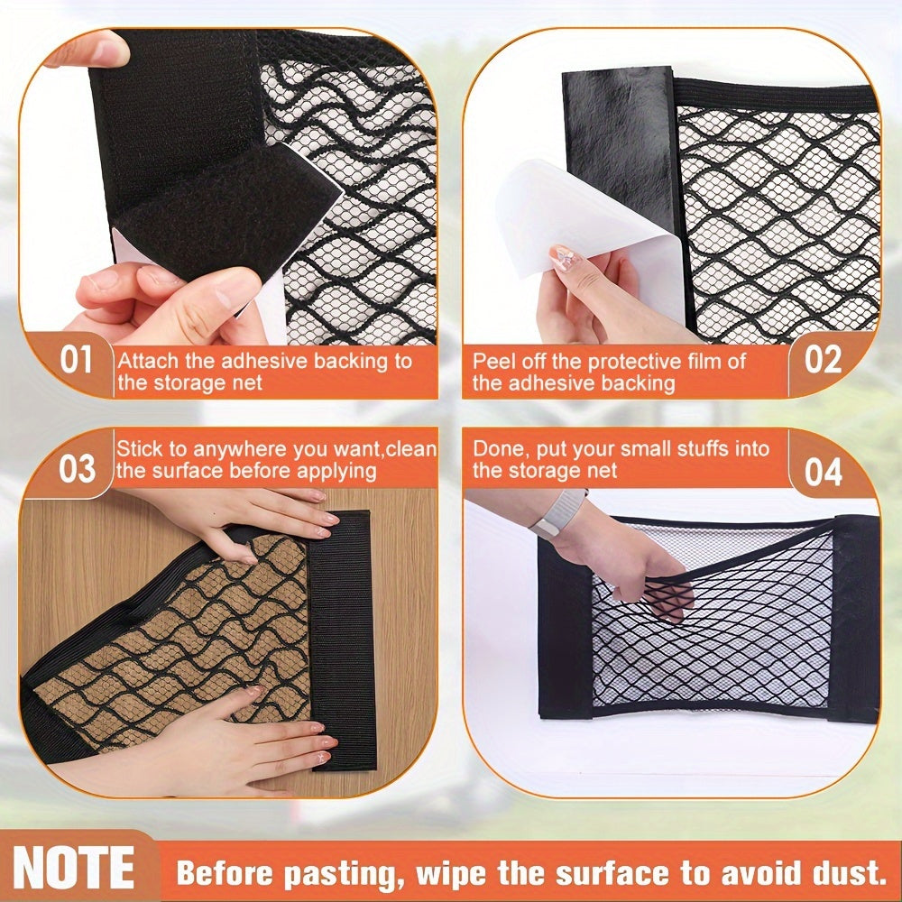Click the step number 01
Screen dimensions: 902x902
(76, 360)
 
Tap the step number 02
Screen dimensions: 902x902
(823, 360)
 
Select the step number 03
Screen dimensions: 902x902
(77, 468)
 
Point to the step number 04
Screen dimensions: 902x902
(823, 471)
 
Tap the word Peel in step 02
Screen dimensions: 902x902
(492, 362)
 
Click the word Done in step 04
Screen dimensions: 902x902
(495, 448)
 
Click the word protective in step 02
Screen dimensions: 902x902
(630, 362)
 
